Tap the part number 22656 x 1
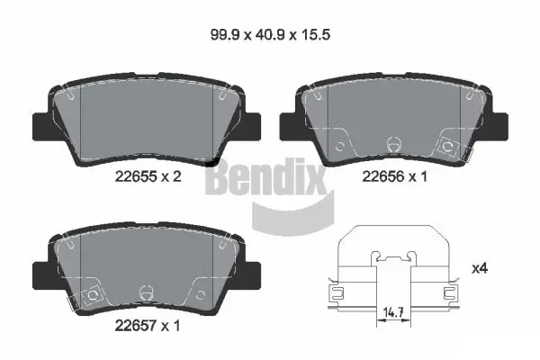[394, 178]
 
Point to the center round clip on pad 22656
[392, 143]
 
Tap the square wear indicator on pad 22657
[90, 293]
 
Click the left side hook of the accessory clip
[337, 292]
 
